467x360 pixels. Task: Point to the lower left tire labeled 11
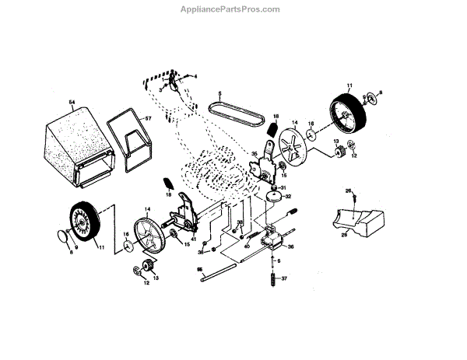point(83,222)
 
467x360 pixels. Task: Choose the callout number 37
point(284,278)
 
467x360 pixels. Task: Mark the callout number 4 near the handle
point(195,76)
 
